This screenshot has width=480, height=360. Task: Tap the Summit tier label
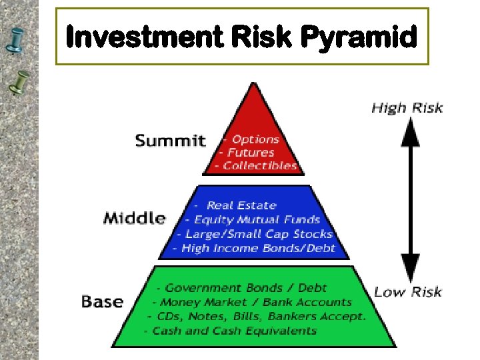click(171, 141)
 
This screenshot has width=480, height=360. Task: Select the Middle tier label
click(135, 218)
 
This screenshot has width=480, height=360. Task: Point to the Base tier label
click(103, 301)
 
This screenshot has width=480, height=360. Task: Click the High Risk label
click(407, 107)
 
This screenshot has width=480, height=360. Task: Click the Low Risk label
click(408, 291)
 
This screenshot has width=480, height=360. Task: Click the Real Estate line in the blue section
click(241, 205)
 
